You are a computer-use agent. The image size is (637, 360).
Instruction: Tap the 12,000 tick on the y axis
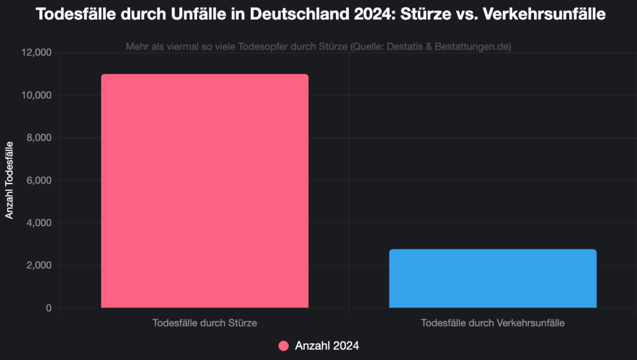point(37,53)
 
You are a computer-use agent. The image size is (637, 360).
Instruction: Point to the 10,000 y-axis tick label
point(37,96)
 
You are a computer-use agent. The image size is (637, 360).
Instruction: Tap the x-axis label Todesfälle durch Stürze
point(205,323)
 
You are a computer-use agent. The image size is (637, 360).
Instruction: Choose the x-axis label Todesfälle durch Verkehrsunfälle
point(493,323)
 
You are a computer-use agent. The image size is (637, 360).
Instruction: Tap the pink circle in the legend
point(284,346)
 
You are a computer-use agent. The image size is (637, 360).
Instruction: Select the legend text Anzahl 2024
point(327,346)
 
